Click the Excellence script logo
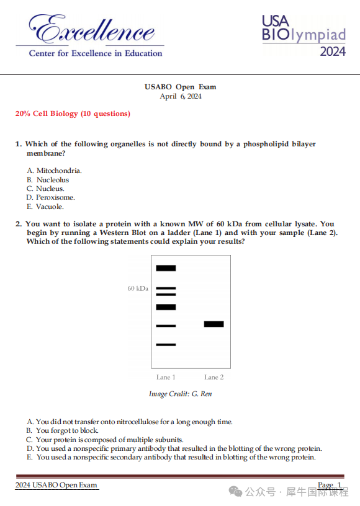point(92,29)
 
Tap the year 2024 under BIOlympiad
point(333,51)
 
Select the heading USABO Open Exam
point(180,87)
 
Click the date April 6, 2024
point(181,96)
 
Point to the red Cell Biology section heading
point(73,113)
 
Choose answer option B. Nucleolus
point(48,180)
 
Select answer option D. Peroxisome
point(50,197)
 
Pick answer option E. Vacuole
point(45,206)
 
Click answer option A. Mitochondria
point(54,171)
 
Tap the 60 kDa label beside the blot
point(138,288)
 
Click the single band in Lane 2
point(214,324)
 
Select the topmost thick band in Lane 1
point(166,268)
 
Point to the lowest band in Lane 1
point(166,345)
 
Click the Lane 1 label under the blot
point(166,377)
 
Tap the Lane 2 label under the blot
point(214,377)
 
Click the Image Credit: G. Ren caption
point(181,394)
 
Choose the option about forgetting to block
point(62,430)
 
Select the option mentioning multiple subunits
point(105,440)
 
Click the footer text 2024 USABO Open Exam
point(56,485)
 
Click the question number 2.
point(19,224)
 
